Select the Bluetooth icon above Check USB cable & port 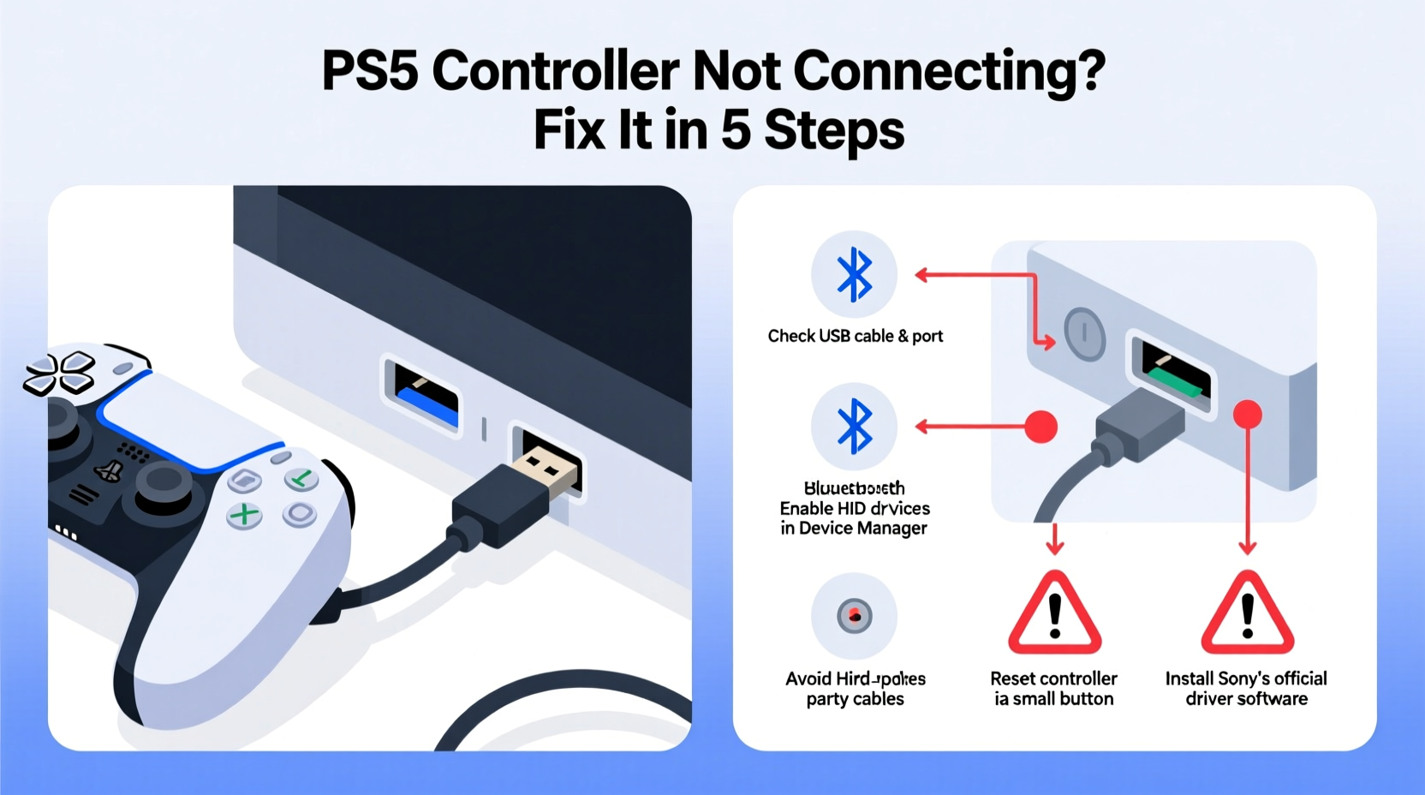coord(854,275)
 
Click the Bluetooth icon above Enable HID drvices coord(854,426)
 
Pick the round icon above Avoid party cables coord(854,615)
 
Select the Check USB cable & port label coord(855,336)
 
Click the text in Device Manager coord(853,529)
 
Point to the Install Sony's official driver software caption coord(1246,689)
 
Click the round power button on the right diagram coord(1084,333)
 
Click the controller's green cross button coord(244,515)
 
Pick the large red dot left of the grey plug coord(1040,427)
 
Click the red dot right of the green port coord(1247,415)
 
